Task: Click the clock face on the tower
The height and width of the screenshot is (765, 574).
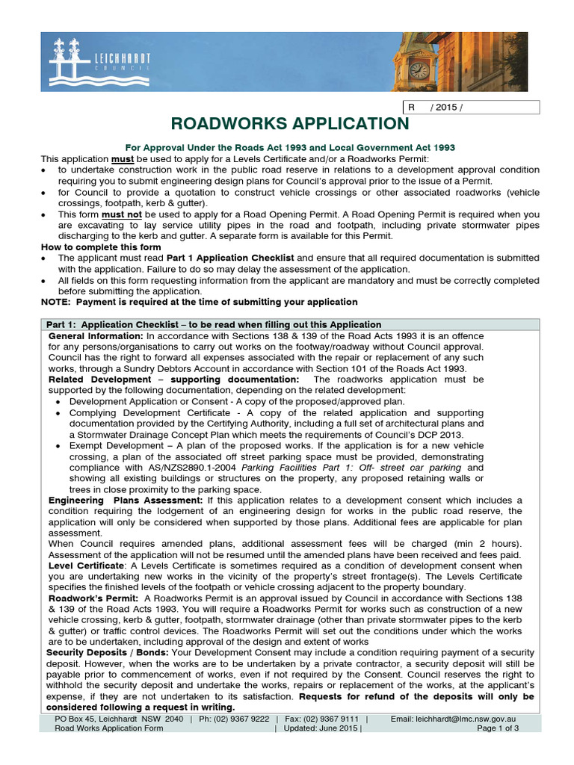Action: tap(420, 69)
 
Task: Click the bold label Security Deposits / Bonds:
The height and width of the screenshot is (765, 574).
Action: tap(109, 653)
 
